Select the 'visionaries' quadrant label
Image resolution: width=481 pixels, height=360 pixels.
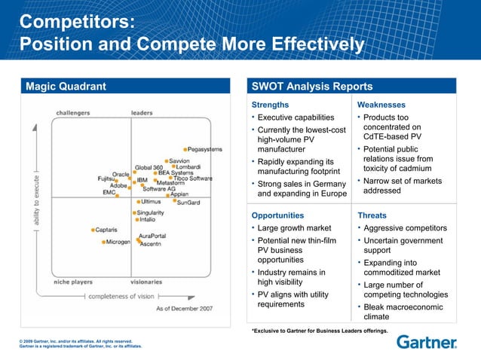[x=146, y=282]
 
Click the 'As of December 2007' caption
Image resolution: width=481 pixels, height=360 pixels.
[x=184, y=309]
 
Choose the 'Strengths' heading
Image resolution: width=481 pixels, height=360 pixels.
[x=269, y=105]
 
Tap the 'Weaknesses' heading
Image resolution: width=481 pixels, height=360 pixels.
[x=381, y=105]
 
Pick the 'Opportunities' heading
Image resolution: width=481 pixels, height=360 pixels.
[x=278, y=215]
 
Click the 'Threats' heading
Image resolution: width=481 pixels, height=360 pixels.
[x=372, y=215]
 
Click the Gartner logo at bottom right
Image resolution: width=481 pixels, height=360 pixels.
[x=426, y=343]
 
